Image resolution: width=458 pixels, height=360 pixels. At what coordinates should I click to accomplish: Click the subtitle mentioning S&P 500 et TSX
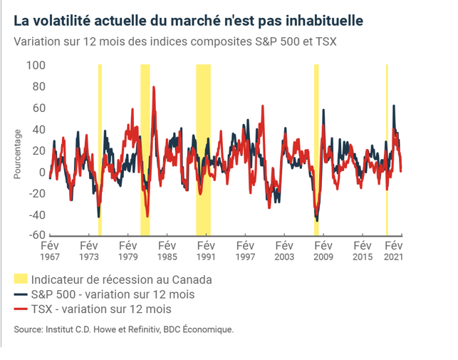point(175,41)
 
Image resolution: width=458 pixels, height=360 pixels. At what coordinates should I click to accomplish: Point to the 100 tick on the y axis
point(36,66)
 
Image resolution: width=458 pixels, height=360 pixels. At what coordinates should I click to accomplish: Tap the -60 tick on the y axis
point(36,235)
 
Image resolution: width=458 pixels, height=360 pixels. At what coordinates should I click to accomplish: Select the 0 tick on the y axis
point(42,173)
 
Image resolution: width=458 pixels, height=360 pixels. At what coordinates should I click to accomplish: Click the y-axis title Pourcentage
point(18,153)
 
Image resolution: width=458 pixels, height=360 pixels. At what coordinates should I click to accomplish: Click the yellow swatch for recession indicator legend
point(21,279)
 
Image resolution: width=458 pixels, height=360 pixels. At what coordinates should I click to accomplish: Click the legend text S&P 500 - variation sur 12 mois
point(112,294)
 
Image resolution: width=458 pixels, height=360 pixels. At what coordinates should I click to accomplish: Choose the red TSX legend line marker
point(21,309)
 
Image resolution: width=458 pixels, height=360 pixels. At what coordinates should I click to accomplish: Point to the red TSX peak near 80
point(154,88)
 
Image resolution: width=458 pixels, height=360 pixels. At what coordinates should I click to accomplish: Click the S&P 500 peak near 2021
point(394,106)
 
